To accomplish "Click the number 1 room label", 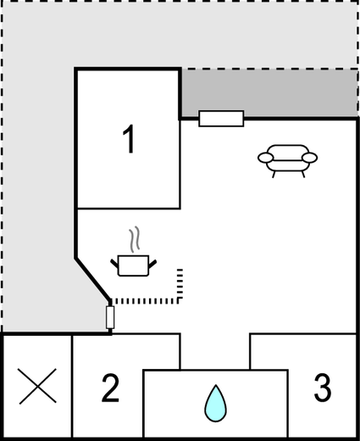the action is pyautogui.click(x=129, y=139).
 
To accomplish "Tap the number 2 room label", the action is pyautogui.click(x=110, y=388).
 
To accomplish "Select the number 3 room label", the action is pyautogui.click(x=323, y=388).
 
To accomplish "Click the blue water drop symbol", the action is pyautogui.click(x=215, y=404).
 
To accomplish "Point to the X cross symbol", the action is pyautogui.click(x=37, y=386).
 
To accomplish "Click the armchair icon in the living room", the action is pyautogui.click(x=288, y=161).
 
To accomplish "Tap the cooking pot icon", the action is pyautogui.click(x=133, y=265).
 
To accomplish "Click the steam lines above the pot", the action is pyautogui.click(x=135, y=239).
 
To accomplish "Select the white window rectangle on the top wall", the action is pyautogui.click(x=221, y=119).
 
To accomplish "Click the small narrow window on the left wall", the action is pyautogui.click(x=110, y=317).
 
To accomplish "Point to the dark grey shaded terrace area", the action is pyautogui.click(x=269, y=92).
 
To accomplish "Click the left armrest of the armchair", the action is pyautogui.click(x=266, y=158).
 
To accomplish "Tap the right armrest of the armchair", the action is pyautogui.click(x=310, y=158).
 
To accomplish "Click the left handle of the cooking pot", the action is pyautogui.click(x=114, y=264).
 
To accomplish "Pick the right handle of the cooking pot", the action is pyautogui.click(x=152, y=264).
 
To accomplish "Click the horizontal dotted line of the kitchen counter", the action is pyautogui.click(x=145, y=301).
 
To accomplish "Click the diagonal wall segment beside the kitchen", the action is pyautogui.click(x=93, y=279).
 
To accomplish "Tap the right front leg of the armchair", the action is pyautogui.click(x=303, y=174).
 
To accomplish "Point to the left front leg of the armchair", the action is pyautogui.click(x=274, y=174).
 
